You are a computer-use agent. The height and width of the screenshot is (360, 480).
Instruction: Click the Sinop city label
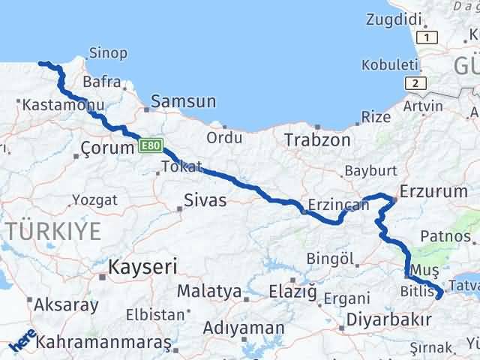[x=108, y=53]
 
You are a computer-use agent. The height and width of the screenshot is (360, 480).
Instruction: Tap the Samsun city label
[x=184, y=101]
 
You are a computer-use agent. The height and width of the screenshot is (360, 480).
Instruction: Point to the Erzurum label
[x=434, y=191]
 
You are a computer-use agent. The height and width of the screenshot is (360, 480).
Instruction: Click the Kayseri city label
[x=142, y=266]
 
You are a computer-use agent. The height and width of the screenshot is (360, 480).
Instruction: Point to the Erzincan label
[x=338, y=204]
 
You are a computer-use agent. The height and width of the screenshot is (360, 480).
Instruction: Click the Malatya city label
[x=209, y=291]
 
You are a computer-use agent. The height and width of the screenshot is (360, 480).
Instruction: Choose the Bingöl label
[x=331, y=259]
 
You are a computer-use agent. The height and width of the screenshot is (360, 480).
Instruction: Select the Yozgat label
[x=94, y=200]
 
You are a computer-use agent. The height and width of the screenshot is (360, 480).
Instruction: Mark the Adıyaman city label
[x=244, y=328]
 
